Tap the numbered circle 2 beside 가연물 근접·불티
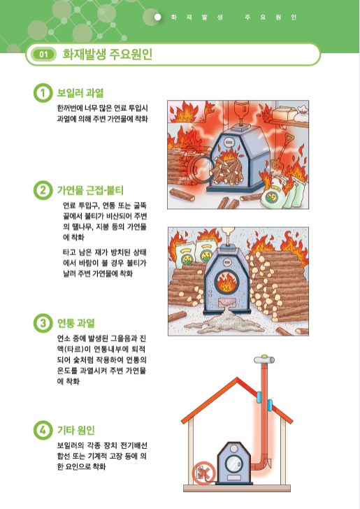click(x=43, y=189)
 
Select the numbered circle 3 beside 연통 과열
click(x=43, y=323)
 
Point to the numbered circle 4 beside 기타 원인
click(x=43, y=429)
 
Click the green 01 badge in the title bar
click(x=43, y=54)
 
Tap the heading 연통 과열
click(x=76, y=323)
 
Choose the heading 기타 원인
click(x=76, y=429)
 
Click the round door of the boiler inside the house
click(x=232, y=464)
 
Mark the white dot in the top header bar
click(x=158, y=15)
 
